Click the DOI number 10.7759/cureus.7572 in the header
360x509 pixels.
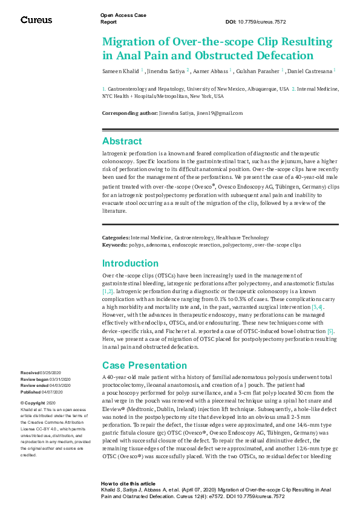pos(264,22)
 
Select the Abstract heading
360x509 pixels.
pos(122,141)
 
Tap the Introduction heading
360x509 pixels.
pos(131,264)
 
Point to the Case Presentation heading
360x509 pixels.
pos(144,365)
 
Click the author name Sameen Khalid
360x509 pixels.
pos(122,71)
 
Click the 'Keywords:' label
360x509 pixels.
pos(114,245)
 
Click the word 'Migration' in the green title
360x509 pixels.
pos(128,42)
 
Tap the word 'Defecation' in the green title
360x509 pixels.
pos(286,56)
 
